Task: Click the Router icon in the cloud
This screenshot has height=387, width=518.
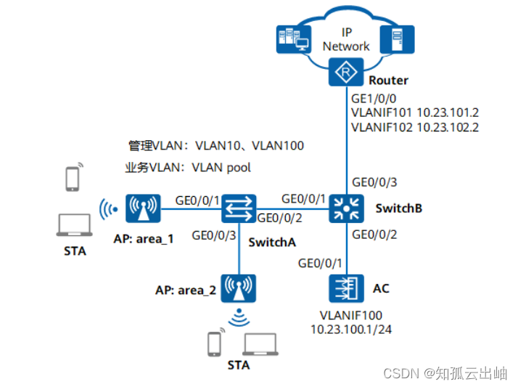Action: (347, 72)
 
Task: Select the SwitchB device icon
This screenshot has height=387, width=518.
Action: (347, 208)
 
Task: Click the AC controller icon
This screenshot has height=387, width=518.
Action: (347, 288)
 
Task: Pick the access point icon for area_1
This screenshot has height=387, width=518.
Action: (143, 208)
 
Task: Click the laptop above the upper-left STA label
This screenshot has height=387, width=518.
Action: (74, 226)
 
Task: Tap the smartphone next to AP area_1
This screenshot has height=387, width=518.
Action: (73, 179)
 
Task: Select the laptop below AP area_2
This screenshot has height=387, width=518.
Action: (259, 343)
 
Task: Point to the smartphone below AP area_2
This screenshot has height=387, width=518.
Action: (215, 343)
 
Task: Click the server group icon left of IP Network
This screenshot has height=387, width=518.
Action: (295, 41)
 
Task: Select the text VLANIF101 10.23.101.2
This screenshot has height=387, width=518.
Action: (415, 113)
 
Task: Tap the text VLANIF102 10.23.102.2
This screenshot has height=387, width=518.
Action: (415, 127)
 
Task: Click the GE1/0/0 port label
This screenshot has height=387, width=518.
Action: (373, 98)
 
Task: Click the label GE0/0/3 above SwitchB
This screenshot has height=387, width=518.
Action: (374, 182)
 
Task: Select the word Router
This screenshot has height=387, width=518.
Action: (388, 81)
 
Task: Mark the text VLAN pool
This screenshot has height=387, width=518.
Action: (221, 168)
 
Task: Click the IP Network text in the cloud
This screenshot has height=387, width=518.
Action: (346, 39)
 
